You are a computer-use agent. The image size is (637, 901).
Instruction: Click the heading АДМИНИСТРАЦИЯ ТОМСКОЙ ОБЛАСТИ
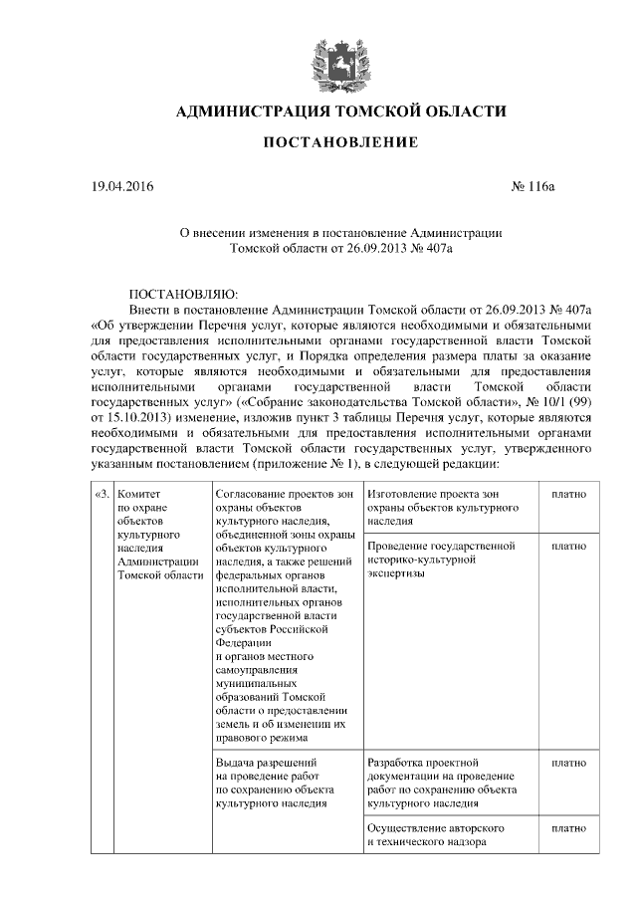340,111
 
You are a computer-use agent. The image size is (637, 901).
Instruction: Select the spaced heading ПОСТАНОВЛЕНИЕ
339,144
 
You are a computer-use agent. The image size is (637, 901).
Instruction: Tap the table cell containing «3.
102,494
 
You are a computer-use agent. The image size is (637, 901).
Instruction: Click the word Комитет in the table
138,494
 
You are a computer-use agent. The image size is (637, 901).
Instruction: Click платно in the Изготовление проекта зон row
567,494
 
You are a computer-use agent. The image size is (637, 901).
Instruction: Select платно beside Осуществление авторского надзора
567,827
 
